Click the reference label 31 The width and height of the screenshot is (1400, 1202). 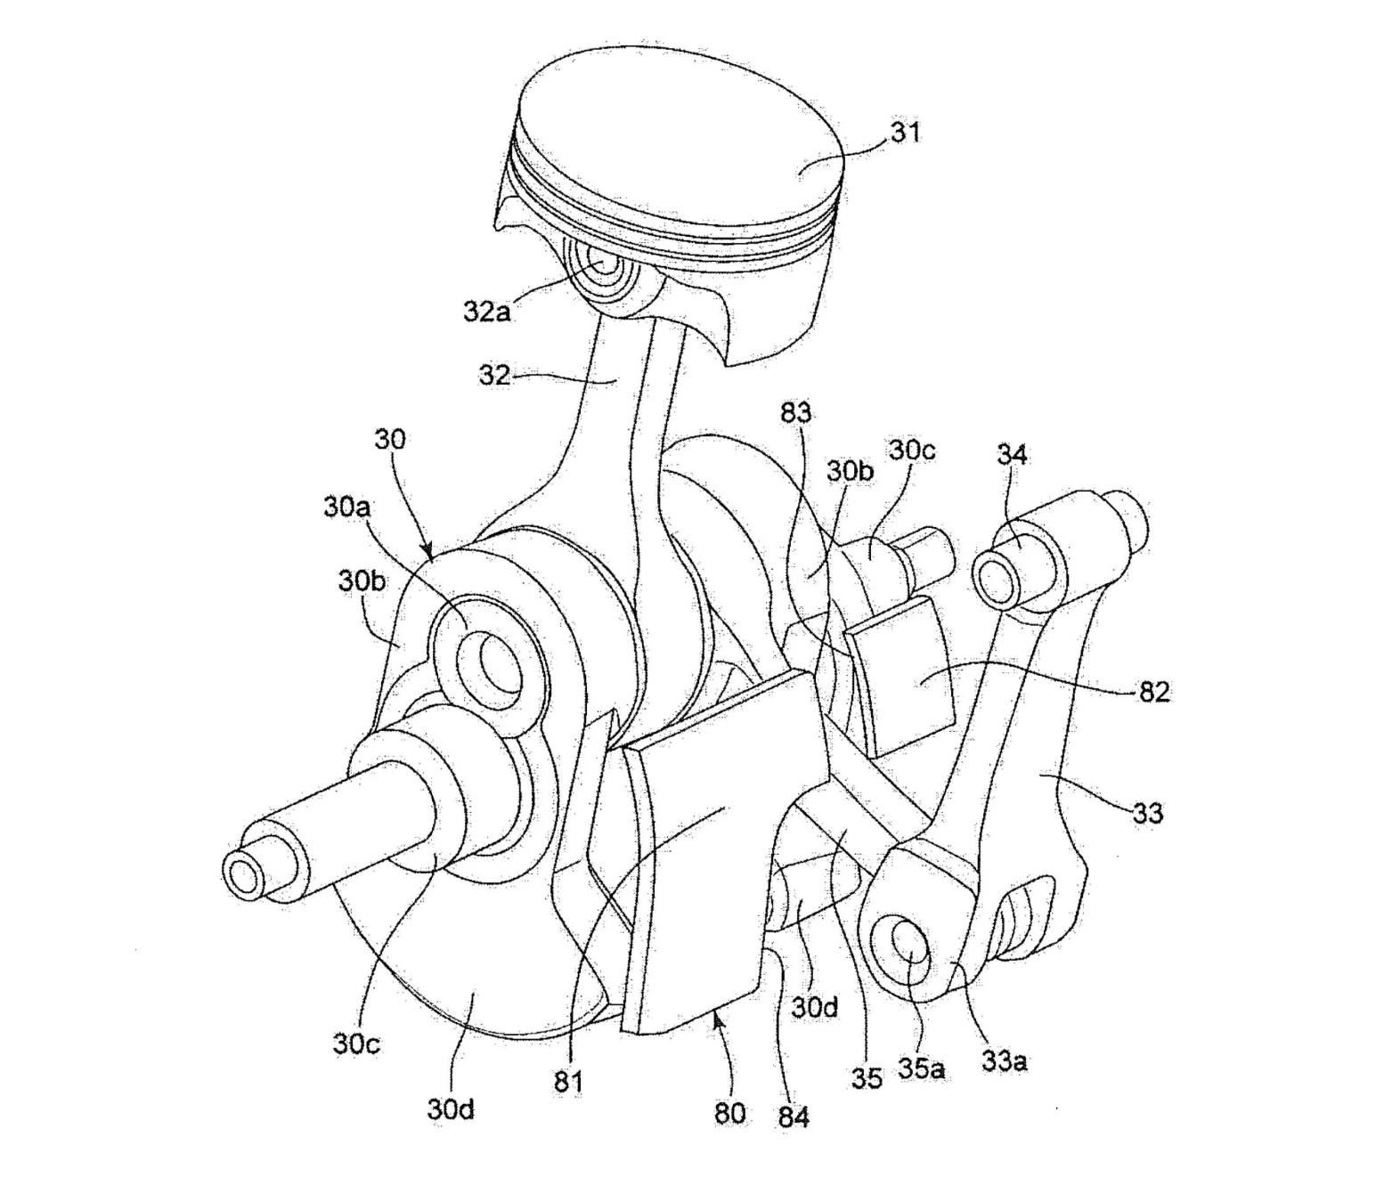(906, 132)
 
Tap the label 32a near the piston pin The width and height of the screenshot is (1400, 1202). (486, 313)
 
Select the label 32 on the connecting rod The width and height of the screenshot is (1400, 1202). (493, 375)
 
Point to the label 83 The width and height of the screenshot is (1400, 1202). (795, 411)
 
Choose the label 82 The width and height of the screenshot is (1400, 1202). (1154, 692)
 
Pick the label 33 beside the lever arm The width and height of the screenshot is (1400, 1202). (1147, 812)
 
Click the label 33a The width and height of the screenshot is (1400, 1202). (1005, 1062)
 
